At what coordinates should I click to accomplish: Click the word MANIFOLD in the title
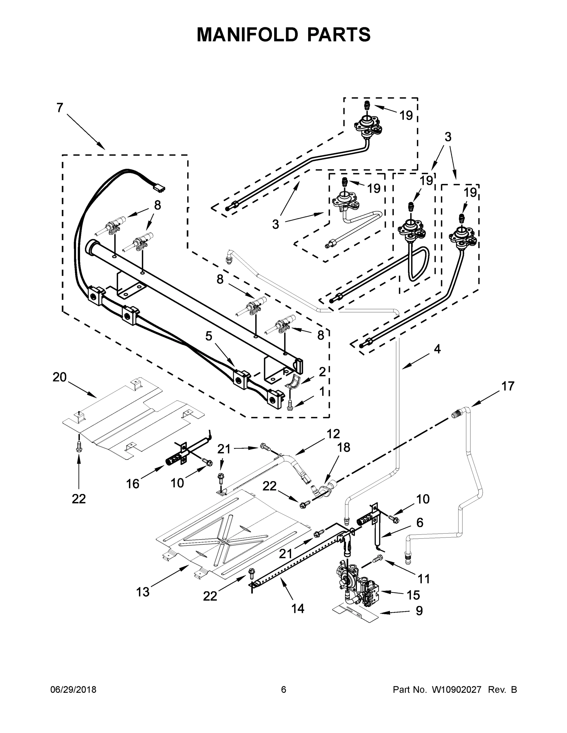point(247,35)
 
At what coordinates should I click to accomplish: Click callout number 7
point(60,108)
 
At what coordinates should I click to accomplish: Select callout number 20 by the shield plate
point(60,377)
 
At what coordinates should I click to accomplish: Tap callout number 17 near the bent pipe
point(508,386)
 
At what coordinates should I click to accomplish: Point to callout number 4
point(437,349)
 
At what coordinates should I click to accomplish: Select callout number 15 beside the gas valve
point(413,595)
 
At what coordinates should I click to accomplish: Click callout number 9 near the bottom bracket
point(419,611)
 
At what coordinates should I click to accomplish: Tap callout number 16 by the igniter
point(133,484)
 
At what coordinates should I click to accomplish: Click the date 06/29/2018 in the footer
point(73,690)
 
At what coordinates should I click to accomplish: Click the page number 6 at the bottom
point(284,690)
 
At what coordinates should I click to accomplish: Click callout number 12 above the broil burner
point(333,434)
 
